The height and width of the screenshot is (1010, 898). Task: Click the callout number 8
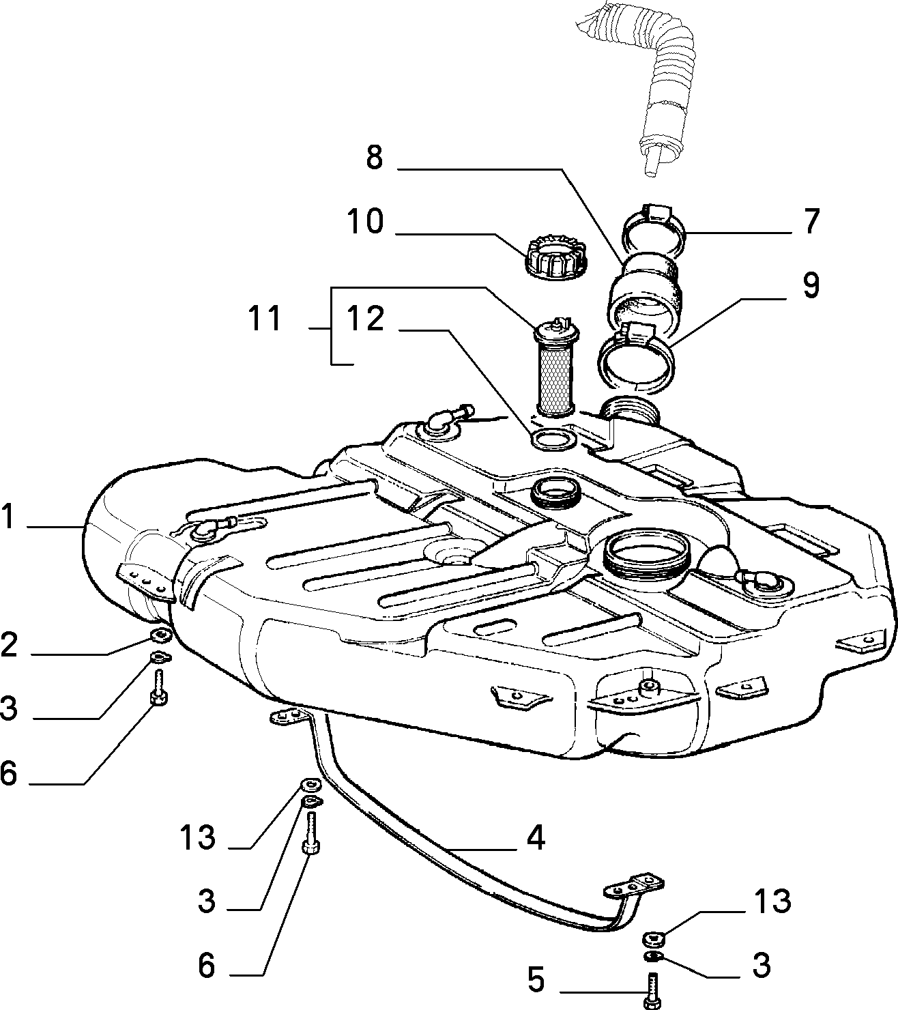[375, 158]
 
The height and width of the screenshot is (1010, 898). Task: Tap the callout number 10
[366, 221]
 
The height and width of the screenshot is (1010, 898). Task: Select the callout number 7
[812, 221]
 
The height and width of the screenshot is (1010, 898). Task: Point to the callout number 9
[811, 286]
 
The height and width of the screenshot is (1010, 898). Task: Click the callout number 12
[366, 319]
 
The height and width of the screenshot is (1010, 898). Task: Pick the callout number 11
[265, 319]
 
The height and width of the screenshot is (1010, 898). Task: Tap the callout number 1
[8, 517]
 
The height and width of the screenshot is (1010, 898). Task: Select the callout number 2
[8, 645]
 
